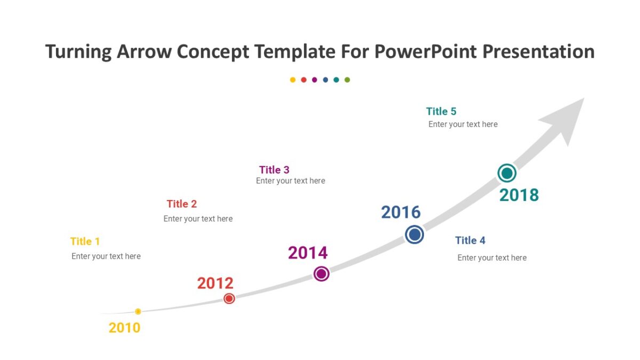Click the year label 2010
coord(124,327)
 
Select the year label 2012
coord(215,283)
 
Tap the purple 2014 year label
coord(308,253)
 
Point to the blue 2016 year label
coord(401,212)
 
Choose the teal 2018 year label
coord(519,195)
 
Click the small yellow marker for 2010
coord(138,311)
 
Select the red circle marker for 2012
coord(229,299)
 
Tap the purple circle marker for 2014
coord(321,274)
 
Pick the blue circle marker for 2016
coord(414,235)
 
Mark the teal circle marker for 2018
coord(507,173)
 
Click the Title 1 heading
coord(85,241)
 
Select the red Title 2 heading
coord(181,204)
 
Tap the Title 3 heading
coord(274,170)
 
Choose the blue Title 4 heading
coord(470,241)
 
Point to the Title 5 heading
coord(441,111)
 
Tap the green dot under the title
coord(347,80)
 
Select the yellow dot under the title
coord(293,80)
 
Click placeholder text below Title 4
coord(492,258)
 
